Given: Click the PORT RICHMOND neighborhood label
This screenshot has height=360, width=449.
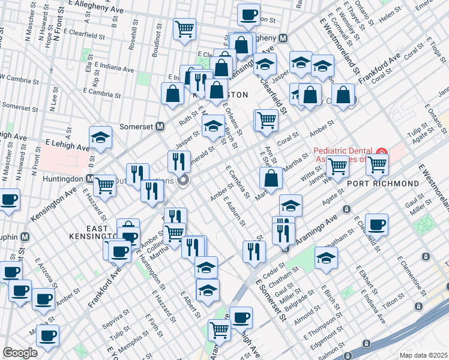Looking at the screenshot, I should coord(391,183).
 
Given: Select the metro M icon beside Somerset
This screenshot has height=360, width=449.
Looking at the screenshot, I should coord(160,127).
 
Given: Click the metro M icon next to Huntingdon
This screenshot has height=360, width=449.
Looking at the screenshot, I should coord(90,179).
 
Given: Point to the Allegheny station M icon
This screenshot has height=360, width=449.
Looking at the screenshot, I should coord(282,37).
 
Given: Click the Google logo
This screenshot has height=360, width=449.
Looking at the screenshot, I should coord(20,353).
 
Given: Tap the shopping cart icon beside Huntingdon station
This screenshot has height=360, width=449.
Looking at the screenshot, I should coord(104,184).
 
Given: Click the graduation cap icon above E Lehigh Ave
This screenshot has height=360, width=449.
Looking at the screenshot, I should coord(100,137).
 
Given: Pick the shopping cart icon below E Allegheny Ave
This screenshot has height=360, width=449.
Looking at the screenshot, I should coord(184,28).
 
